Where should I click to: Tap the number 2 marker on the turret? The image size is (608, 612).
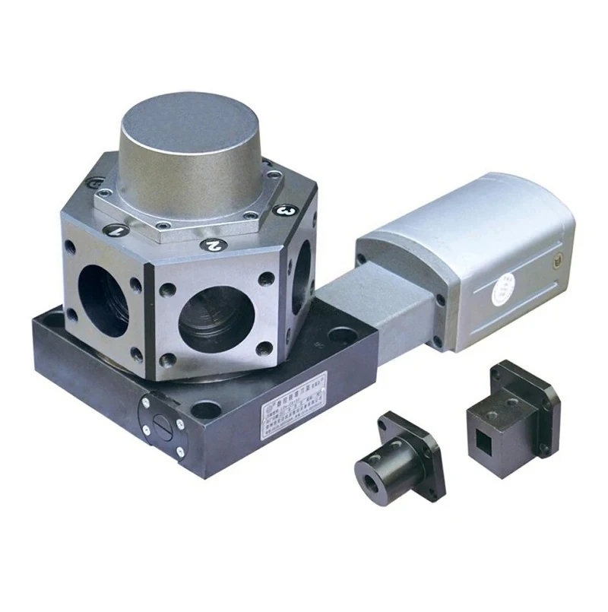coord(214,245)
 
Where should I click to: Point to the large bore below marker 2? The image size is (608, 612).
coord(216,319)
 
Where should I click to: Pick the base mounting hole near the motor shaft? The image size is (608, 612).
coord(344,334)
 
